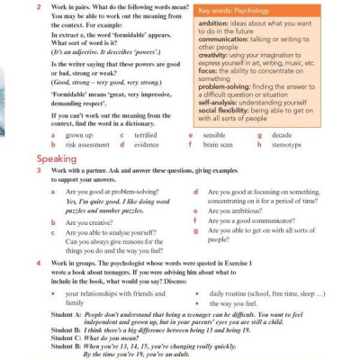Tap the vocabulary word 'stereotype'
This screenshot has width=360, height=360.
coord(287,144)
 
